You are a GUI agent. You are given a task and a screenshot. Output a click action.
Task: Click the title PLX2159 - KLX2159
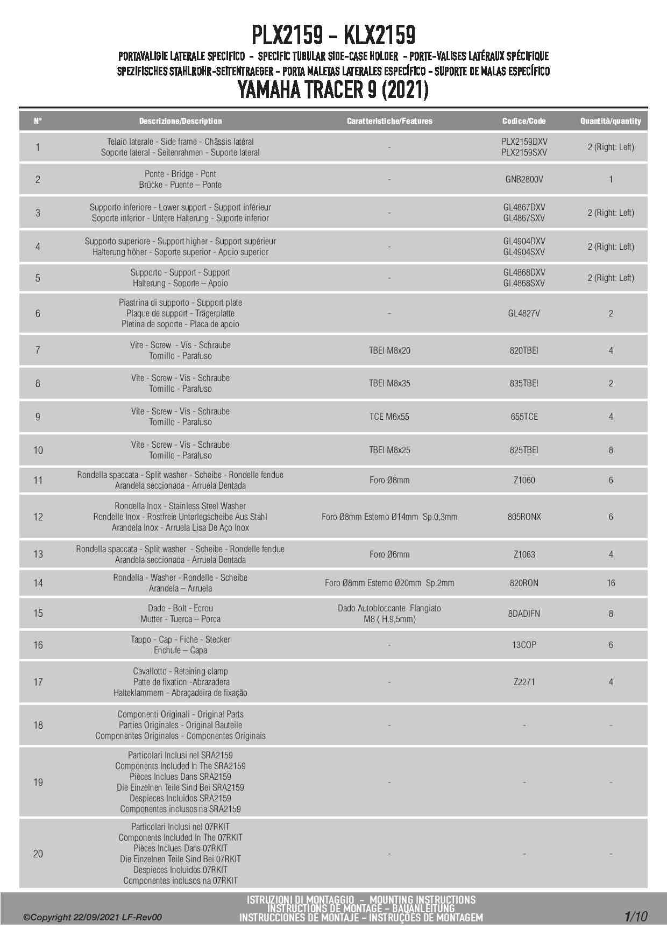334,36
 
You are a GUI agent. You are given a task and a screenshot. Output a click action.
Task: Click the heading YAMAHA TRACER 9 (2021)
334,89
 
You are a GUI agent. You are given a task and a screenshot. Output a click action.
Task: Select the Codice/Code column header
524,121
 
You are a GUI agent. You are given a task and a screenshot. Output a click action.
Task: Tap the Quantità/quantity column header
611,121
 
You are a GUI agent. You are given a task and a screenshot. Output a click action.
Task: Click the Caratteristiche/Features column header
389,121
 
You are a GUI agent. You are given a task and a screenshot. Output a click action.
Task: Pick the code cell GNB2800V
524,179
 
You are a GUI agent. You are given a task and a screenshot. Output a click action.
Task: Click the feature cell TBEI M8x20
389,350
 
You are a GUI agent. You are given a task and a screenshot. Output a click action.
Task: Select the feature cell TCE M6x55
389,417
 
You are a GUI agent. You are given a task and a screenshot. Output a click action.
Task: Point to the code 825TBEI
524,450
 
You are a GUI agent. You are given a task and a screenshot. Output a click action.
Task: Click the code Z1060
524,480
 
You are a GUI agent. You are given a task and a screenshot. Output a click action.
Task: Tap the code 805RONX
524,517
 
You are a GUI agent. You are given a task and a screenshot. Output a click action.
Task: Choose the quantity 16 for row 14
611,583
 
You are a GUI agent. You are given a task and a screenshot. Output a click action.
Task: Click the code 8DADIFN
524,614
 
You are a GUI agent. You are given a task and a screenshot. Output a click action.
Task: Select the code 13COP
524,645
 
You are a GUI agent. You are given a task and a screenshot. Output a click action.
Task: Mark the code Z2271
524,682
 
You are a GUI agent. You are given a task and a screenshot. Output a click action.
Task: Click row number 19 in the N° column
38,782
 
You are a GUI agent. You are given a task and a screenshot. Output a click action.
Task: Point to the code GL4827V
524,313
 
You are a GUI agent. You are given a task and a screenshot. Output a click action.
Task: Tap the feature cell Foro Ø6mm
389,554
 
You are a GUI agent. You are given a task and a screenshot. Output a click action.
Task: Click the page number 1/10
636,917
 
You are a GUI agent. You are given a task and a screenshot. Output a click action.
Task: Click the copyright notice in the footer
92,918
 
